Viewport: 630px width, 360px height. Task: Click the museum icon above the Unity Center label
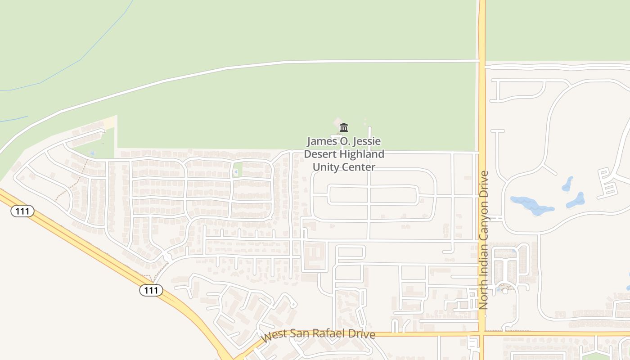point(344,127)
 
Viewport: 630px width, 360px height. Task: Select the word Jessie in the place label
point(368,141)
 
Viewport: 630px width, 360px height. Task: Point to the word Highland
point(362,154)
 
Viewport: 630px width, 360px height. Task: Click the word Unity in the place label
point(325,167)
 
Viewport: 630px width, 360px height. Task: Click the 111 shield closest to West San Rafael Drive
point(151,290)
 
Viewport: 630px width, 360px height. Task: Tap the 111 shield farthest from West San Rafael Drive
point(22,211)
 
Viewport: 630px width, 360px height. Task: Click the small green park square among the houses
point(237,170)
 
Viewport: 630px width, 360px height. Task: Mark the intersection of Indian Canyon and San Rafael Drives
point(481,334)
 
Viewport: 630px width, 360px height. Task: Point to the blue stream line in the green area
point(81,59)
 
